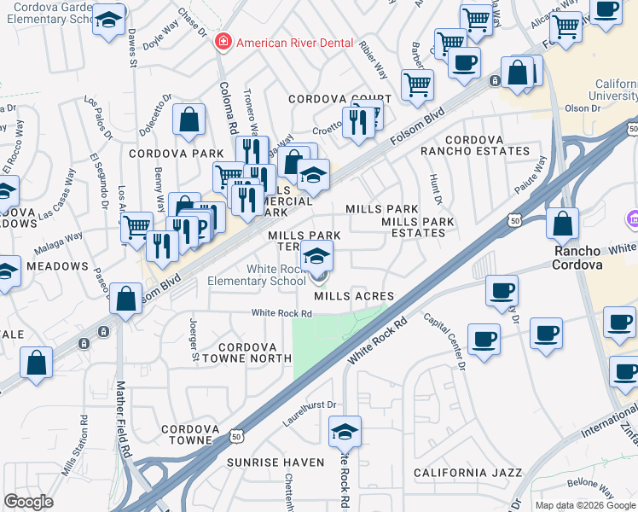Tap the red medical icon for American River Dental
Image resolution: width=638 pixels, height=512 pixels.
coord(223,41)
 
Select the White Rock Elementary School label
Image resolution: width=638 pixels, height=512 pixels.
coord(275,275)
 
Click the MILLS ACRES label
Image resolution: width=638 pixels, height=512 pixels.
coord(352,296)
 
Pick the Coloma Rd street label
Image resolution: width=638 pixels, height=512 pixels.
coord(228,107)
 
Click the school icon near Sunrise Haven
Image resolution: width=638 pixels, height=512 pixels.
coord(345,432)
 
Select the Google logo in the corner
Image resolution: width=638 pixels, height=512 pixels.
coord(28,502)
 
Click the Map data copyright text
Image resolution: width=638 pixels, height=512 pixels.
coord(585,505)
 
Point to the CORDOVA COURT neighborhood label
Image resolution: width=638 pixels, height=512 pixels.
coord(339,99)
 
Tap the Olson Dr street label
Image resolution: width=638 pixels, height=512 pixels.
coord(583,108)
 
